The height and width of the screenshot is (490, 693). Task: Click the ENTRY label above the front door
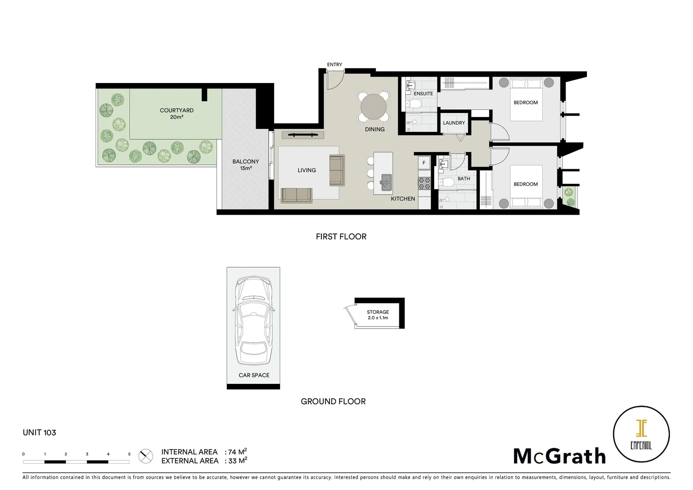point(334,65)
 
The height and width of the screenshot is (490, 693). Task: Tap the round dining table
point(373,107)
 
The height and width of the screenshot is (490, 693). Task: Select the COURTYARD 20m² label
point(176,113)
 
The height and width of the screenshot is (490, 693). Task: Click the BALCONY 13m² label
point(246,165)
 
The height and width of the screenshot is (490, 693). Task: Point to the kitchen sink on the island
point(386,183)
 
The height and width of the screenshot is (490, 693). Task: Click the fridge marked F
point(424,163)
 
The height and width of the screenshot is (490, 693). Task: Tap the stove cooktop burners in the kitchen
point(424,183)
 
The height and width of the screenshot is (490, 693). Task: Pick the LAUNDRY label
point(454,123)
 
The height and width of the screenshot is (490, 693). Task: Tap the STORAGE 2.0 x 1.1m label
point(378,315)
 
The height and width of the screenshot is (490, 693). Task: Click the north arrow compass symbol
point(145,456)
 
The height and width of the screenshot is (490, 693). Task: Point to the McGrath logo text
point(559,456)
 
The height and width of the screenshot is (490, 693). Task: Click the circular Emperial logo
point(641,434)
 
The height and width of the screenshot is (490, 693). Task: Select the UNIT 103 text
point(39,432)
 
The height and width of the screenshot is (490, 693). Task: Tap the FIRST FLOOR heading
point(341,236)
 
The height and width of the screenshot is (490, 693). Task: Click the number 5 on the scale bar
point(129,454)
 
